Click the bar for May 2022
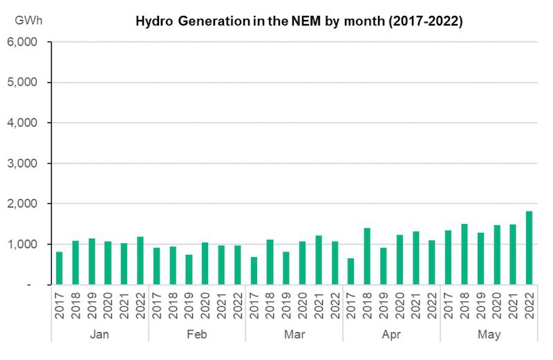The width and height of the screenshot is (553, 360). point(529,248)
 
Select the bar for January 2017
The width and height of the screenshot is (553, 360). point(59,268)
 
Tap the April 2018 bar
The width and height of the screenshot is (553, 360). point(367,256)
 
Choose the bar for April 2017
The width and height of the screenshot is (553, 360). point(351,271)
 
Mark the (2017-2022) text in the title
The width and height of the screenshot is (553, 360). point(422,21)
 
